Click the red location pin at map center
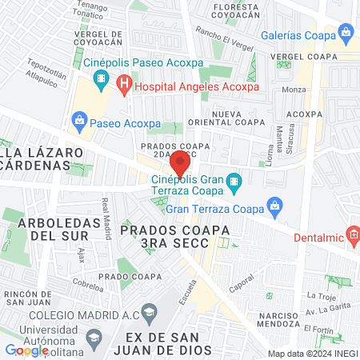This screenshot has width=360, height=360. pos(180,163)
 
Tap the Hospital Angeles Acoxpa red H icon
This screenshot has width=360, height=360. pos(123,82)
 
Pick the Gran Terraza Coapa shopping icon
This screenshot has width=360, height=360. pos(274,206)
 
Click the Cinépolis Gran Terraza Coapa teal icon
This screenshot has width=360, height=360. pos(234,184)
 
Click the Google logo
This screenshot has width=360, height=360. pos(26,350)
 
